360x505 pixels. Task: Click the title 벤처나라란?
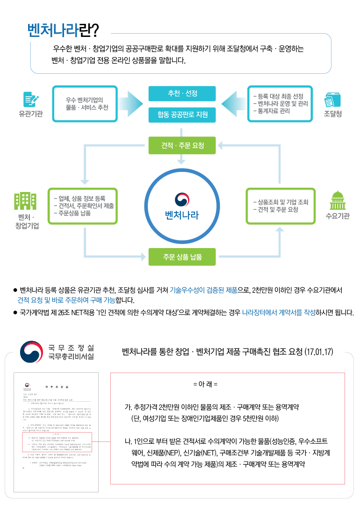pyautogui.click(x=63, y=30)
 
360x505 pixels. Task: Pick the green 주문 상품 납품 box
pyautogui.click(x=182, y=257)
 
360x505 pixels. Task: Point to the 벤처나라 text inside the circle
pyautogui.click(x=182, y=215)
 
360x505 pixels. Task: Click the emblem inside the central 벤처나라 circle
pyautogui.click(x=182, y=199)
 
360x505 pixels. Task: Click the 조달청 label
pyautogui.click(x=333, y=113)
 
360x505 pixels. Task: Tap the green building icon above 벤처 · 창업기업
pyautogui.click(x=25, y=201)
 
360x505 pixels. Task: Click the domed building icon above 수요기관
pyautogui.click(x=337, y=200)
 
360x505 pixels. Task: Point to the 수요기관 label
pyautogui.click(x=337, y=216)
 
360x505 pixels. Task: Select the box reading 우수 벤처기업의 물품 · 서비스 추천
pyautogui.click(x=87, y=103)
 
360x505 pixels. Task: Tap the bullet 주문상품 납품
pyautogui.click(x=75, y=213)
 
